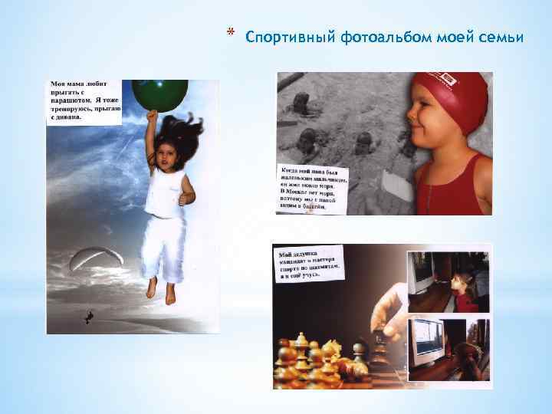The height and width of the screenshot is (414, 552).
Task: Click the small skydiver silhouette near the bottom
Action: tap(90, 316)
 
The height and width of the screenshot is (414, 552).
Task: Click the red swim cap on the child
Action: tap(453, 96)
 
